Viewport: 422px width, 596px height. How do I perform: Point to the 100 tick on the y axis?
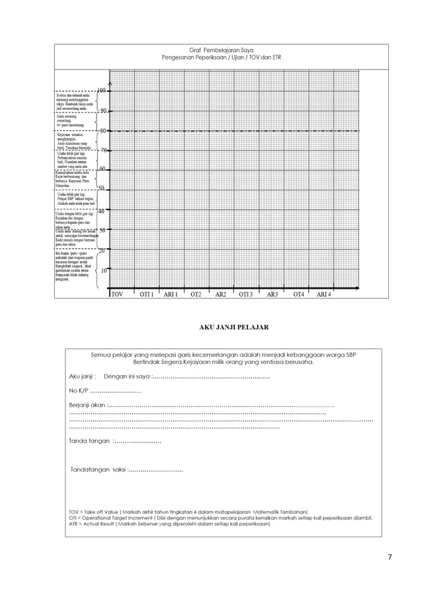point(103,91)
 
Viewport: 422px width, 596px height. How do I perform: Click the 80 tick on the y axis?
point(103,130)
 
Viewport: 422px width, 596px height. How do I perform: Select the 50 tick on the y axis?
point(101,189)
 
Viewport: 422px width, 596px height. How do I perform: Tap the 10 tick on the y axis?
point(103,271)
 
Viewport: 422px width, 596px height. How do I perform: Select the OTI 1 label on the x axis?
point(146,294)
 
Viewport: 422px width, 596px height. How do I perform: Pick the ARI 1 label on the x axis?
point(171,294)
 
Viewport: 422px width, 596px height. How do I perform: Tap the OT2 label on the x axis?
point(196,294)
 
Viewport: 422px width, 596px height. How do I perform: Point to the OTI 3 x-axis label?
point(246,294)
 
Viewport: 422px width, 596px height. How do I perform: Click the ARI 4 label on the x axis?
point(323,294)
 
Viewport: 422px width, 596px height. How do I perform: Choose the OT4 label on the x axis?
point(299,294)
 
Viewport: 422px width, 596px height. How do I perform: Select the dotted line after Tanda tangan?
point(137,441)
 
